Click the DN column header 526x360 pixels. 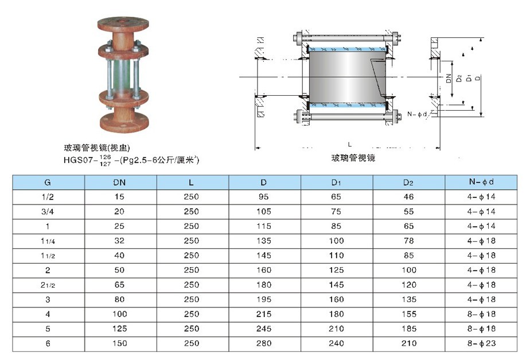tap(119, 182)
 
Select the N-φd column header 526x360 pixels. tap(481, 182)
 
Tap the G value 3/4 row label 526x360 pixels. tap(48, 212)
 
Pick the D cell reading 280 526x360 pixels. tap(264, 343)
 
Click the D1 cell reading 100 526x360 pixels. tap(336, 241)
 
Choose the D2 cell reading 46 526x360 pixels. tap(408, 197)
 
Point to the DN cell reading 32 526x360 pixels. tap(119, 241)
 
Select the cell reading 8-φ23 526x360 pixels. tap(481, 343)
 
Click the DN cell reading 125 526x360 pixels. tap(120, 328)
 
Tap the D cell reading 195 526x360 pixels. tap(264, 299)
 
